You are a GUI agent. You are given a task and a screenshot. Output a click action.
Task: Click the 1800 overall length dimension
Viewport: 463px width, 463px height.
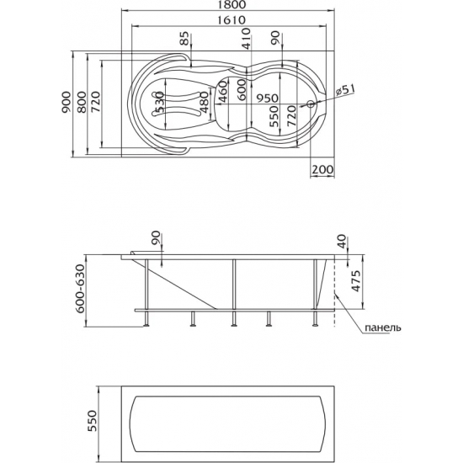(231, 5)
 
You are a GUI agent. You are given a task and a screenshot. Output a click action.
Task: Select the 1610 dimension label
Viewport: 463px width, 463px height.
(231, 20)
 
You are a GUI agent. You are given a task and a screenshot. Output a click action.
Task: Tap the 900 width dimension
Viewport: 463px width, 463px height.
(67, 103)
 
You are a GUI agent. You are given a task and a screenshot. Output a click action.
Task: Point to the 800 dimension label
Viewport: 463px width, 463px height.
(82, 103)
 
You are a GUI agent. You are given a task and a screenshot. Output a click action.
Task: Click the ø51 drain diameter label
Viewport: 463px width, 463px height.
(346, 90)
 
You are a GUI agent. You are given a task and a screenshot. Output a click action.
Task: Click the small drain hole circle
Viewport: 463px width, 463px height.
(311, 104)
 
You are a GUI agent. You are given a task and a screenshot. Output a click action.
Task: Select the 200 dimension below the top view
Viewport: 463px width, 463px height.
(322, 170)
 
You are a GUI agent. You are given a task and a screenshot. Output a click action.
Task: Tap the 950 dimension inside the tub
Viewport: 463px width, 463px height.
(267, 98)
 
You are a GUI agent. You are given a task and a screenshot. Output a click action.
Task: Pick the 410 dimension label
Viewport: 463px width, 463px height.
(246, 38)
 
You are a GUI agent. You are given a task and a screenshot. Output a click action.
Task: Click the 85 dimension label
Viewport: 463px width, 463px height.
(185, 39)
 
